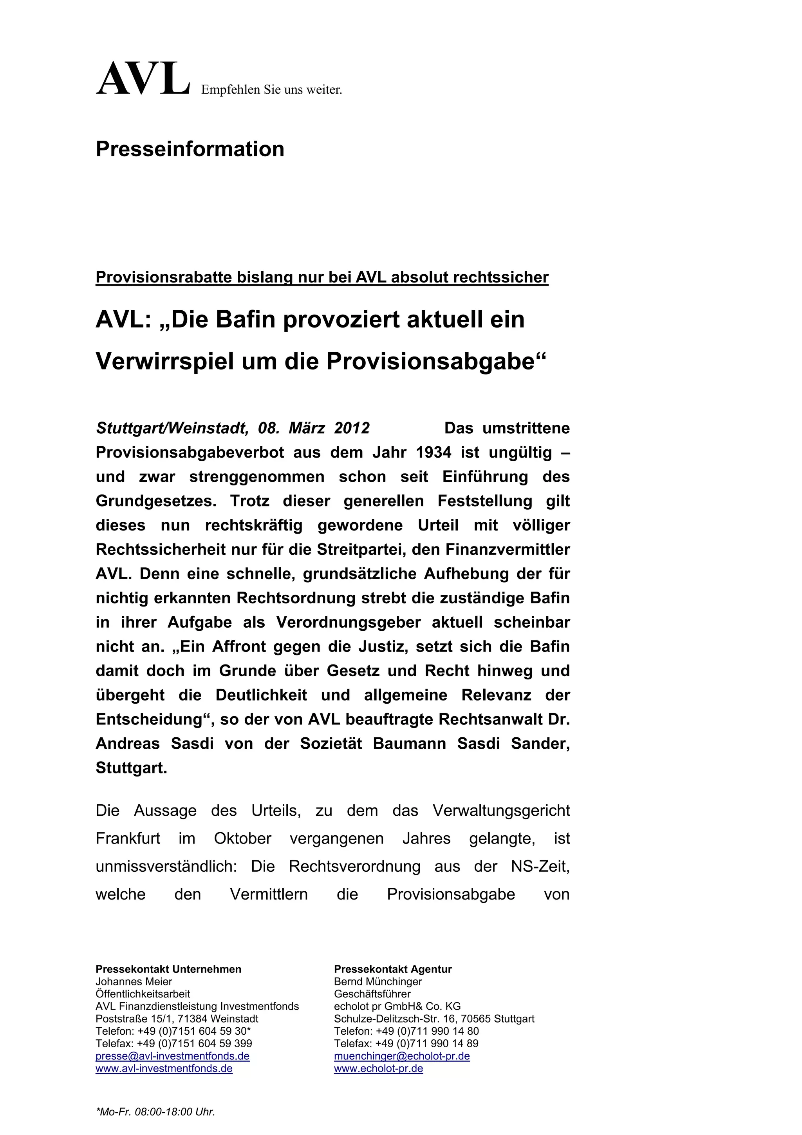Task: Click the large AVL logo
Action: click(143, 79)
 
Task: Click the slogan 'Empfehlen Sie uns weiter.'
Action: click(271, 90)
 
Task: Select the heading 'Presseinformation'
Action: click(190, 149)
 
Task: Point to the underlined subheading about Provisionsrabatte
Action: click(322, 277)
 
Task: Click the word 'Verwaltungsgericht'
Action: click(501, 811)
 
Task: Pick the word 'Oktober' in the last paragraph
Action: click(243, 839)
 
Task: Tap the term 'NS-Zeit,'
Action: click(540, 867)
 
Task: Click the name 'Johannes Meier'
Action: click(134, 982)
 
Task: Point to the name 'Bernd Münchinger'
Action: click(378, 982)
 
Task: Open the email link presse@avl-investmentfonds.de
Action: click(172, 1056)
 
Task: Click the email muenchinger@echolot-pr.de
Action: click(402, 1056)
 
